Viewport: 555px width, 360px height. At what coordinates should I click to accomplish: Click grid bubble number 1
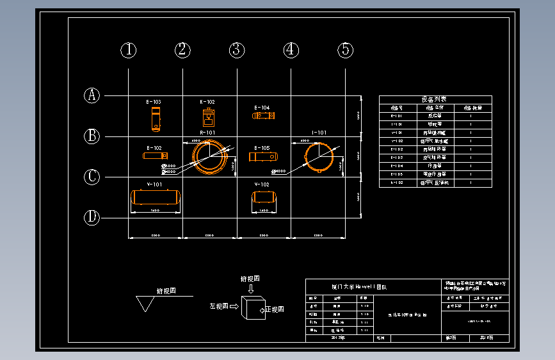(129, 50)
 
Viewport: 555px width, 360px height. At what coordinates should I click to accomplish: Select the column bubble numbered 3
(237, 50)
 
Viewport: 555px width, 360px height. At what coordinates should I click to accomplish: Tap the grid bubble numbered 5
(345, 50)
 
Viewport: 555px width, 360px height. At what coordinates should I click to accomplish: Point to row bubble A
(93, 95)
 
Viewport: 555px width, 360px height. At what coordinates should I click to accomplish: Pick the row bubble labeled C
(93, 177)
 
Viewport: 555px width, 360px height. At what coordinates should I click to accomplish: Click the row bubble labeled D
(93, 218)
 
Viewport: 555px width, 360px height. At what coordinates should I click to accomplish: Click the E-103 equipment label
(154, 102)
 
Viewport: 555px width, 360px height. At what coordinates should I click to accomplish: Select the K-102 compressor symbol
(208, 118)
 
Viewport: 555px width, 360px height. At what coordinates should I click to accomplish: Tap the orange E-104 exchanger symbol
(264, 115)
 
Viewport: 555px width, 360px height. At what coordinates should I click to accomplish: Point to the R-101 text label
(207, 133)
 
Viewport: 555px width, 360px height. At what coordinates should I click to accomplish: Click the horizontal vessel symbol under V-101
(155, 197)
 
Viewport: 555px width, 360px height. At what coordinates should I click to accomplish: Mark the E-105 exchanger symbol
(262, 157)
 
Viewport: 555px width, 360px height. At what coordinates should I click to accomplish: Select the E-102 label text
(154, 148)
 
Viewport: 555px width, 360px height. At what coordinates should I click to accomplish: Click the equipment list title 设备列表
(434, 99)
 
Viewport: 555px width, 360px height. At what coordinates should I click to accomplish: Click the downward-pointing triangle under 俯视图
(146, 304)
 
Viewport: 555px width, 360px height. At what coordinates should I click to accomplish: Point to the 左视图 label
(218, 307)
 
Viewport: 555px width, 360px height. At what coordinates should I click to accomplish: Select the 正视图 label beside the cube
(275, 309)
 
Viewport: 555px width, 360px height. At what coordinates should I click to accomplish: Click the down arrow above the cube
(250, 289)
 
